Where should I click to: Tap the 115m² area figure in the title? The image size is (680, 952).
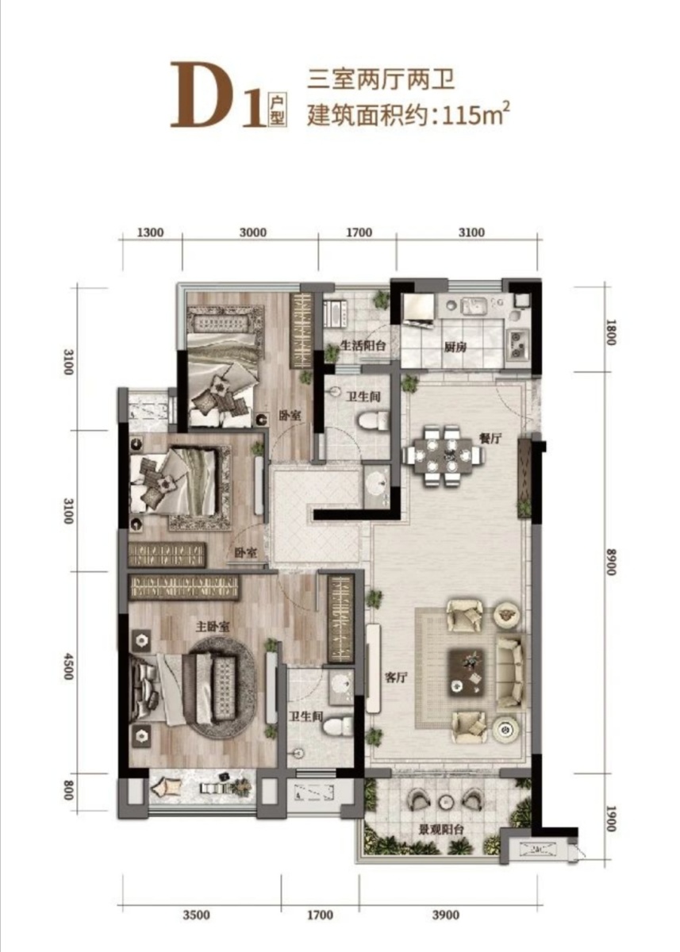click(475, 115)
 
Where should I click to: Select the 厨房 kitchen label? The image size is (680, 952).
click(455, 347)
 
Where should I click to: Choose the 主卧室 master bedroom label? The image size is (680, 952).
click(213, 627)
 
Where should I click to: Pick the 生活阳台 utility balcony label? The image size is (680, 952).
click(363, 346)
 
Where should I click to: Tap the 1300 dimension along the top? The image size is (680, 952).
click(151, 232)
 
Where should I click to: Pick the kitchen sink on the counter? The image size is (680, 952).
click(474, 305)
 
